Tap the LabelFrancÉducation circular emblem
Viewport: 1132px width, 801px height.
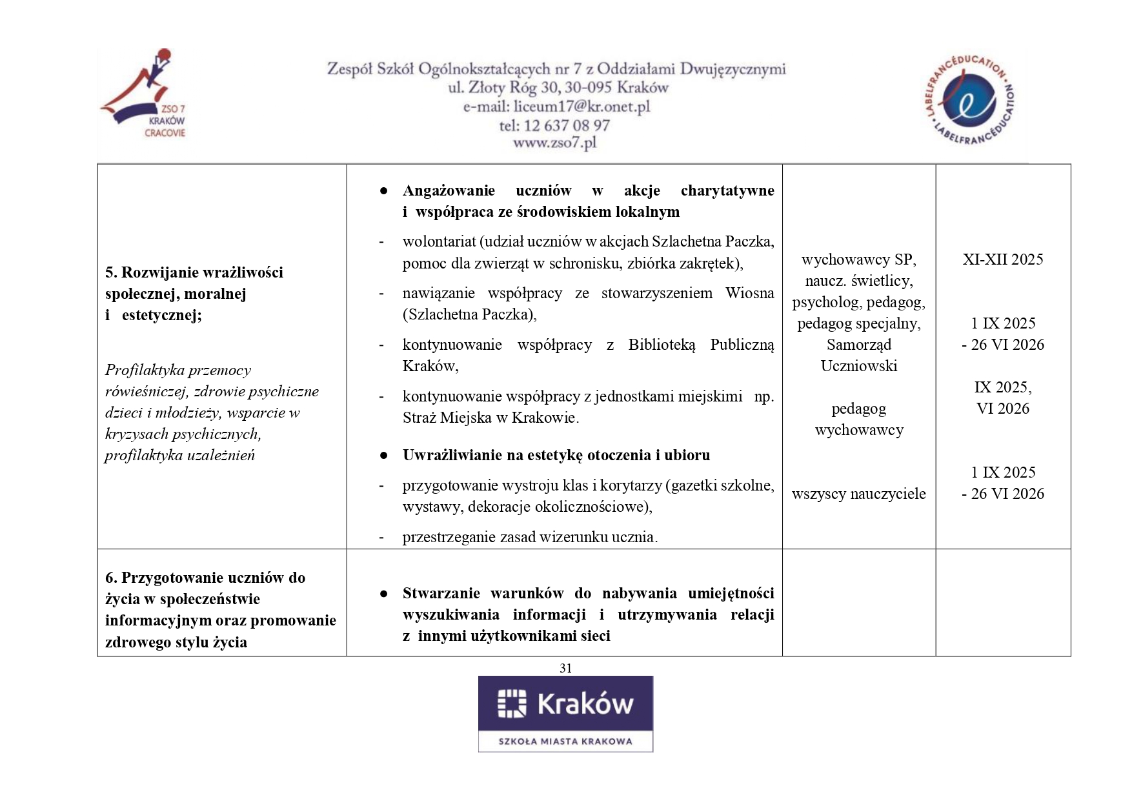pyautogui.click(x=969, y=100)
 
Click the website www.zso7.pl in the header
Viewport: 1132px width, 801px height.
pyautogui.click(x=554, y=143)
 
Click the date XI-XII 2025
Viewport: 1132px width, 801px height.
pyautogui.click(x=1002, y=259)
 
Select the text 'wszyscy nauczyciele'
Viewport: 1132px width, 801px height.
pyautogui.click(x=858, y=494)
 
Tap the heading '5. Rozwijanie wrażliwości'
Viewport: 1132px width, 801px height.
pyautogui.click(x=194, y=272)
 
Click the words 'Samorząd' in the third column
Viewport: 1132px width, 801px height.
pyautogui.click(x=858, y=345)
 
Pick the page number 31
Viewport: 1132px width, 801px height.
pyautogui.click(x=565, y=668)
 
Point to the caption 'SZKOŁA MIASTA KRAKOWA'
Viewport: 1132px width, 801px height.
pyautogui.click(x=565, y=741)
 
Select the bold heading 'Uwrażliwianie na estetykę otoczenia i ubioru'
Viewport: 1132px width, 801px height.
pyautogui.click(x=556, y=455)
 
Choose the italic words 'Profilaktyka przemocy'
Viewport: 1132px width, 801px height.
pyautogui.click(x=178, y=370)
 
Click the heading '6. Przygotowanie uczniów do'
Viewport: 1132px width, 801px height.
pyautogui.click(x=205, y=578)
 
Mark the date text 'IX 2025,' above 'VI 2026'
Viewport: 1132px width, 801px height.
pyautogui.click(x=1002, y=387)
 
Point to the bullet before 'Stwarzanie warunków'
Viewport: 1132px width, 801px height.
pyautogui.click(x=383, y=593)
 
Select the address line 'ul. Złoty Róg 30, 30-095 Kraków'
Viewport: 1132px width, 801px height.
pyautogui.click(x=558, y=88)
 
